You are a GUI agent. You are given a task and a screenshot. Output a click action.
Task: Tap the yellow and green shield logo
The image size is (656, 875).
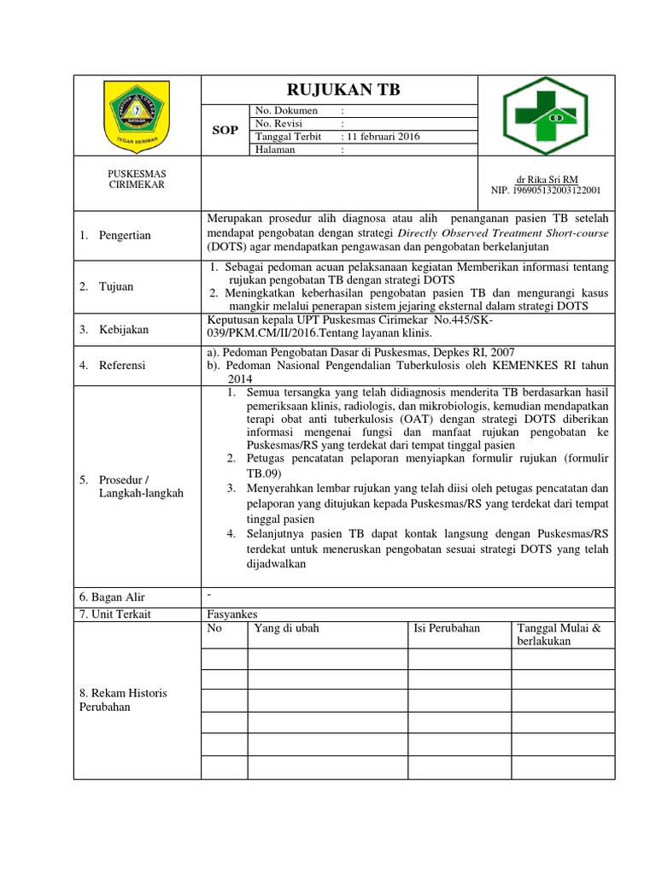[137, 115]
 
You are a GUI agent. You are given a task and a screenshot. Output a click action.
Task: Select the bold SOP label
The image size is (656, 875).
[225, 130]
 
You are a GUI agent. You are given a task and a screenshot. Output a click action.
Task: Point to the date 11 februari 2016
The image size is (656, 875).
[380, 137]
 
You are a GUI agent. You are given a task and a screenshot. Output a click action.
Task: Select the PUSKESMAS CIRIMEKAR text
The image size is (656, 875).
[137, 179]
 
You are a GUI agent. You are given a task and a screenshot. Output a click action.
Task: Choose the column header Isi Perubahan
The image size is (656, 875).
[447, 628]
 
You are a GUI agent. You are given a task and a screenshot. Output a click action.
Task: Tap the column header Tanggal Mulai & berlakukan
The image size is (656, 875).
[559, 634]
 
